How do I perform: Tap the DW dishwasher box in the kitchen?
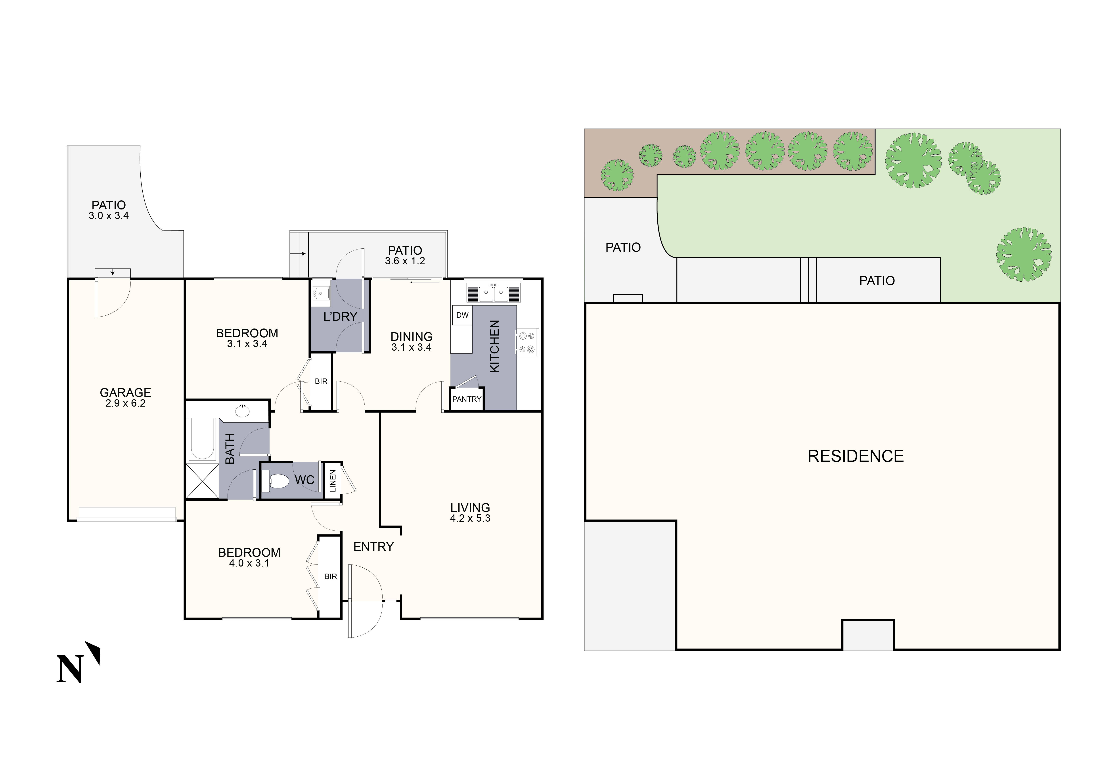(x=462, y=315)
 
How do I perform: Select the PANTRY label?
(x=467, y=399)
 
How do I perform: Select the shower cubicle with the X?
(x=202, y=481)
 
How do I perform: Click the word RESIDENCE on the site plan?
(x=855, y=456)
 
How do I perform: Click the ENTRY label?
(x=373, y=547)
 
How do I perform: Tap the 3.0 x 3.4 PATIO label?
(x=108, y=210)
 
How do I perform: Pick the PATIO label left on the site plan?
(x=622, y=248)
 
